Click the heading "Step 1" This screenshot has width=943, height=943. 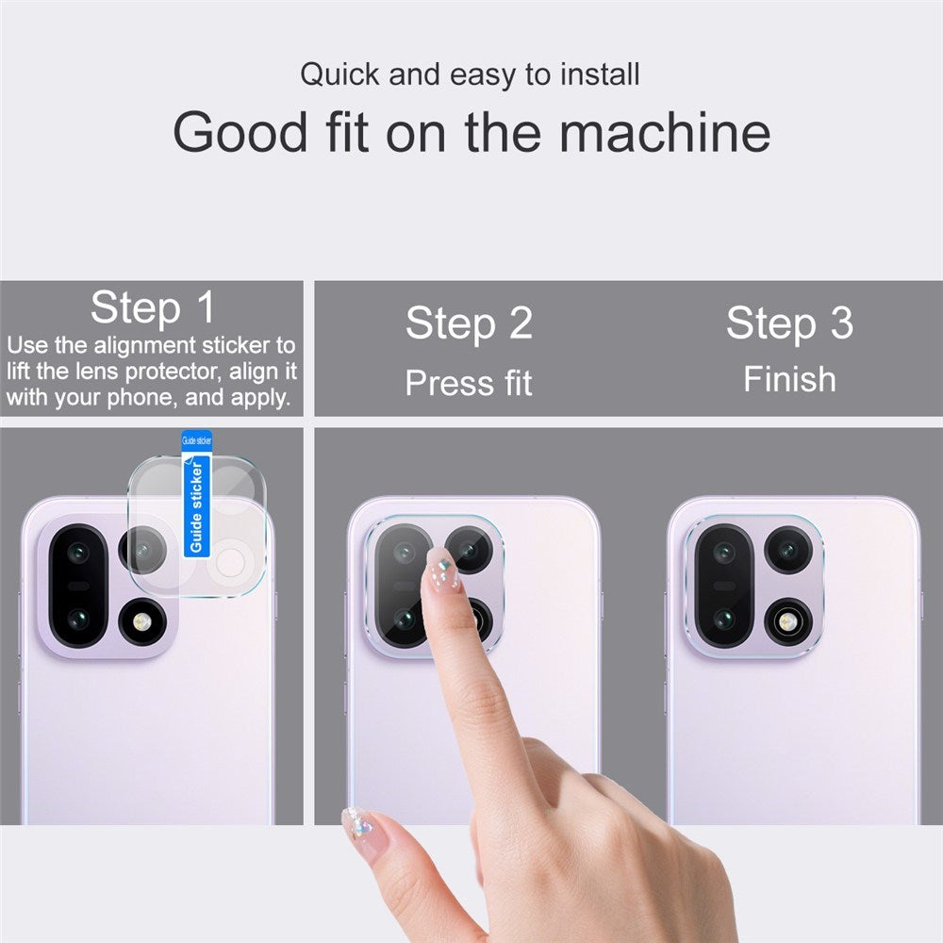pyautogui.click(x=153, y=307)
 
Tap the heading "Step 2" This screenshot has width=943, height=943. pyautogui.click(x=469, y=323)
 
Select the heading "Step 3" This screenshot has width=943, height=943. pyautogui.click(x=789, y=323)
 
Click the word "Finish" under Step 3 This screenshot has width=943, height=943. pyautogui.click(x=789, y=379)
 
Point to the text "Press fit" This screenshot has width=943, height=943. pyautogui.click(x=469, y=383)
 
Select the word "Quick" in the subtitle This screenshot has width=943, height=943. pyautogui.click(x=340, y=74)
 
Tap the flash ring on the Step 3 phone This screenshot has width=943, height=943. pyautogui.click(x=788, y=621)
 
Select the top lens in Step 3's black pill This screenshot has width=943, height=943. pyautogui.click(x=724, y=554)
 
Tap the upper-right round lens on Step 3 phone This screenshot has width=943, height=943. pyautogui.click(x=788, y=549)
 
